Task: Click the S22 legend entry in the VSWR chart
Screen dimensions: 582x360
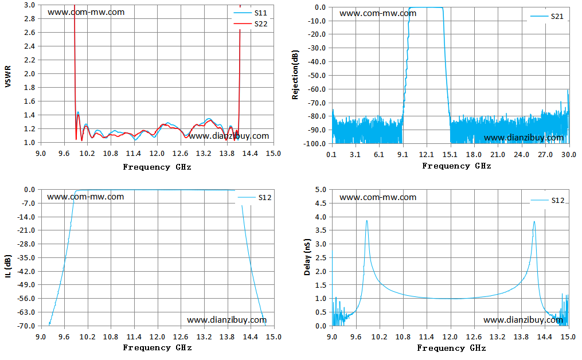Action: coord(250,24)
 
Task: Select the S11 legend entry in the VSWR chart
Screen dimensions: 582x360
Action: coord(250,13)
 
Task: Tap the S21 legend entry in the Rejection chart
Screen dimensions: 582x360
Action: coord(547,16)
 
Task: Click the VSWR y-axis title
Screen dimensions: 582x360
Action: coord(8,76)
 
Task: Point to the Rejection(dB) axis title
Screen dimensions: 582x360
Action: coord(295,75)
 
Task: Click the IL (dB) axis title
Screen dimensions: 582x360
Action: coord(8,266)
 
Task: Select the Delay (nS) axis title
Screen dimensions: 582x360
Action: coord(307,257)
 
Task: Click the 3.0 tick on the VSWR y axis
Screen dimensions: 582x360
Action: coord(30,5)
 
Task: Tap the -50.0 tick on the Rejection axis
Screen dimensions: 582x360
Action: coord(317,75)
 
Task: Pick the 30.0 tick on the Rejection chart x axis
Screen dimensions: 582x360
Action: coord(569,154)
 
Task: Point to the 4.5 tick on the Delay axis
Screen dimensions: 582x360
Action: coord(321,203)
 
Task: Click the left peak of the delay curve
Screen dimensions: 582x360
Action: coord(367,221)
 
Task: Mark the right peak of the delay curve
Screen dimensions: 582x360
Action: coord(534,222)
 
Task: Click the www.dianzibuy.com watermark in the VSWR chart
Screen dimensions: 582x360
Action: coord(229,136)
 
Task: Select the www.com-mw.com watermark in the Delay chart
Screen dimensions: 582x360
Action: coord(378,197)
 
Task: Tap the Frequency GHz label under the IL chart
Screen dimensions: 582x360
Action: coord(157,347)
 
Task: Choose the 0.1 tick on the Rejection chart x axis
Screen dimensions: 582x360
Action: coord(331,154)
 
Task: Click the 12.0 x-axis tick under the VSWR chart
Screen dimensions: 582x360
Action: coord(157,153)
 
